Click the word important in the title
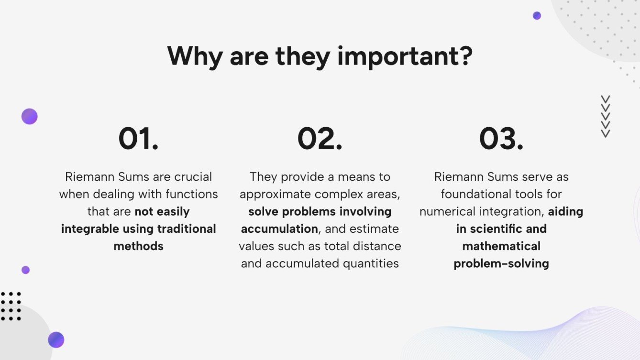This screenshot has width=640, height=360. tap(405, 56)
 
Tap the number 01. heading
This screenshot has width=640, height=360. tap(138, 139)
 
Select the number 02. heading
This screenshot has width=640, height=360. tap(320, 139)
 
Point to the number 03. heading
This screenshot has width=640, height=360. tap(501, 139)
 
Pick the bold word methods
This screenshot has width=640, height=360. tap(138, 246)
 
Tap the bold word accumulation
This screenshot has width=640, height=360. tap(279, 229)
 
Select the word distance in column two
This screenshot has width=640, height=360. tap(376, 246)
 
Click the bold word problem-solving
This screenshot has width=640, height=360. tap(501, 263)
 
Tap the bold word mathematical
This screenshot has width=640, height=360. tap(501, 246)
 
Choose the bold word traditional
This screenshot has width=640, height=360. tap(184, 229)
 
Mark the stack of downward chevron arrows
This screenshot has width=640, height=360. tap(606, 117)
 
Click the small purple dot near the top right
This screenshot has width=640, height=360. tap(537, 16)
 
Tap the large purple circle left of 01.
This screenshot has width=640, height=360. tap(29, 117)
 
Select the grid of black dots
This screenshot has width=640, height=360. tap(11, 306)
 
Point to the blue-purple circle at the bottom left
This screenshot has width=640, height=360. tap(56, 340)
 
